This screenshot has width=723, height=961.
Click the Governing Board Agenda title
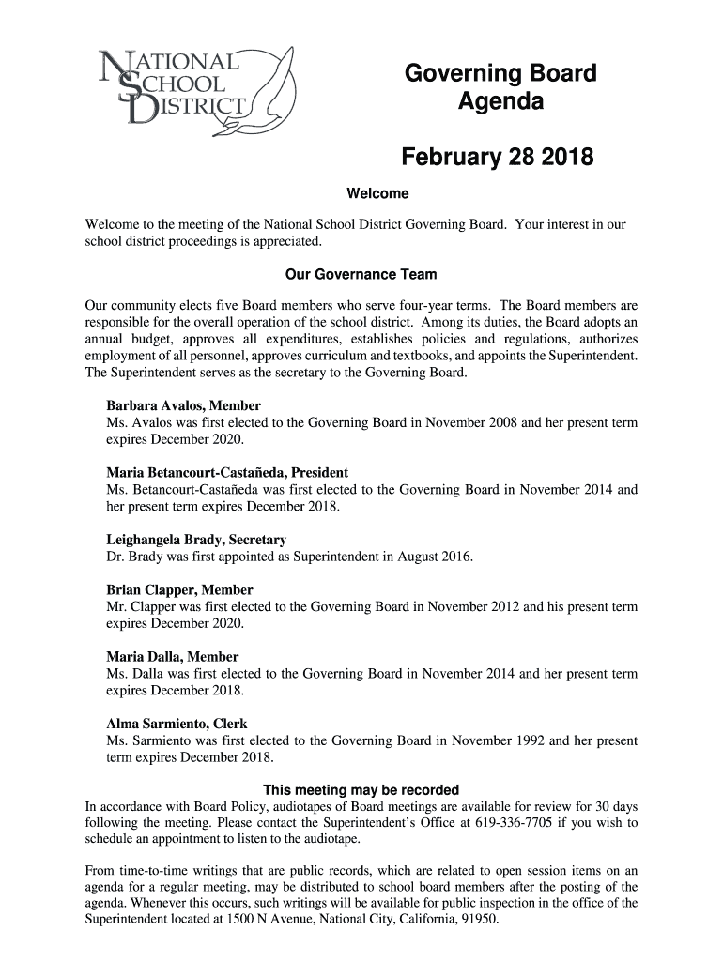500,86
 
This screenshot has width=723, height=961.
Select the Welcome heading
377,194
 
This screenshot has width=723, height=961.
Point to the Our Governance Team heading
361,275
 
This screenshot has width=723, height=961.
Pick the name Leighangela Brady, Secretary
196,540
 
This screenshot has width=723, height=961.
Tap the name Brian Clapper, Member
179,589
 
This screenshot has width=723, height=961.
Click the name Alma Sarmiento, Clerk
177,724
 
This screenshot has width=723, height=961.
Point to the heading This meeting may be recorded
361,789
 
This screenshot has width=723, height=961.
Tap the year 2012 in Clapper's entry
504,606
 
